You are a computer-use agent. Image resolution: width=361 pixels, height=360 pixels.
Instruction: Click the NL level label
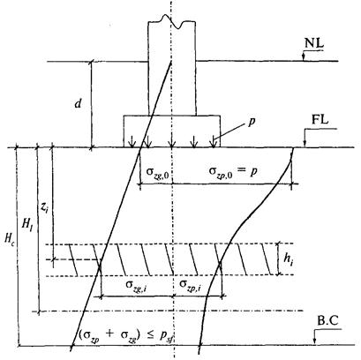click(x=314, y=43)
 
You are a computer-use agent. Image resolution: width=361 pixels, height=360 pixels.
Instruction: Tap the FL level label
click(x=320, y=121)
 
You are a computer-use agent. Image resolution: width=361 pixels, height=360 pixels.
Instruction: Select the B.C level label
click(x=328, y=320)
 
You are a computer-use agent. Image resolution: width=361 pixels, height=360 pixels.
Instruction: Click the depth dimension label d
click(x=78, y=103)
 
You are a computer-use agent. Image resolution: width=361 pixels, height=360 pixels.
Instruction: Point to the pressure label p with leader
click(x=251, y=122)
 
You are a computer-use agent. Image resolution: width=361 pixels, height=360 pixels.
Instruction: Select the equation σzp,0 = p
click(x=233, y=171)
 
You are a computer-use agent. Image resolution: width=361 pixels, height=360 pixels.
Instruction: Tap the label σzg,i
click(x=137, y=286)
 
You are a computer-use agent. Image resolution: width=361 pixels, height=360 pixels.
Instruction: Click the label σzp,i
click(x=191, y=285)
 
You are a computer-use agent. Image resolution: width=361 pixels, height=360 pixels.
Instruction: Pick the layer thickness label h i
click(x=288, y=259)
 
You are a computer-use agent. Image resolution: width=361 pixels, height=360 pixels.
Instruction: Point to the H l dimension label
click(x=27, y=224)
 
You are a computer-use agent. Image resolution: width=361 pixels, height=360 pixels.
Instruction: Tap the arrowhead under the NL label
click(x=303, y=58)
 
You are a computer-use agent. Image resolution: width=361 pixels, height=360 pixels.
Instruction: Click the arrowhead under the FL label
click(x=305, y=144)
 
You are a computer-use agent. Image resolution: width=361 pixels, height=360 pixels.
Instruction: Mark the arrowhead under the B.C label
click(x=314, y=341)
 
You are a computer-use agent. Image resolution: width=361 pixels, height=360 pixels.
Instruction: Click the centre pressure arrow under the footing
click(x=171, y=141)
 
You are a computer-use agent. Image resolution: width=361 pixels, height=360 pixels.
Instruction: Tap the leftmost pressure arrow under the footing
click(x=132, y=141)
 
